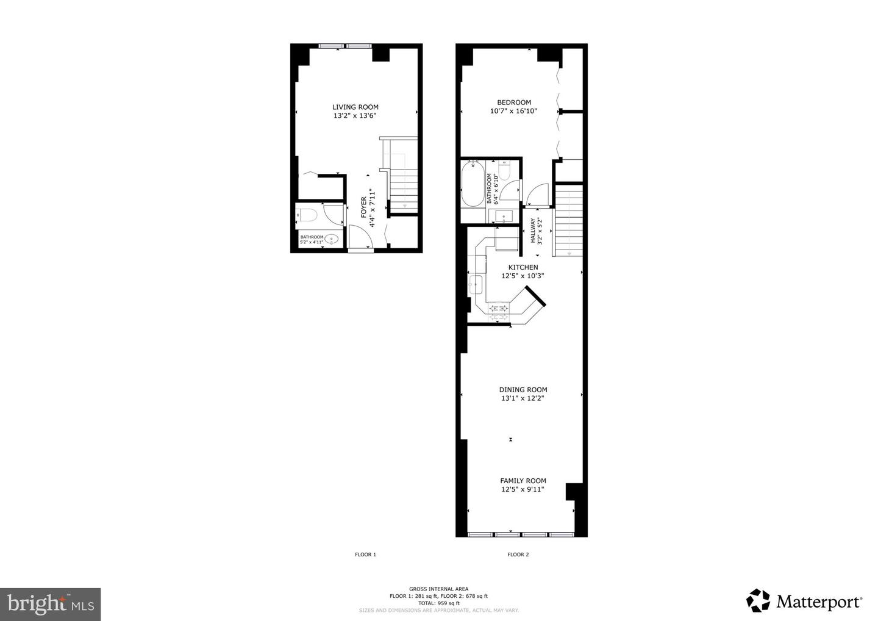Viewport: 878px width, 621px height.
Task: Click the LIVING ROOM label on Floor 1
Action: click(355, 107)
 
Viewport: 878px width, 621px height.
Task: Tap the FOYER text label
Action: click(364, 207)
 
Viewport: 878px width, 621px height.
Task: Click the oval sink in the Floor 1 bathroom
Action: click(332, 240)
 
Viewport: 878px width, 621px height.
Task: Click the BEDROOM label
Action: click(513, 102)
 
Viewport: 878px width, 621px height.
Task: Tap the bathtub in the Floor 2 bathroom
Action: click(471, 184)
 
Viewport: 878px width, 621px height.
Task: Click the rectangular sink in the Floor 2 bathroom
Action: click(504, 216)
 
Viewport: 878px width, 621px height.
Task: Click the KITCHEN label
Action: click(523, 267)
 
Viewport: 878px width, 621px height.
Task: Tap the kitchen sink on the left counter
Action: click(476, 284)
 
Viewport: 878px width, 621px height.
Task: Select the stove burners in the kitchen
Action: click(499, 312)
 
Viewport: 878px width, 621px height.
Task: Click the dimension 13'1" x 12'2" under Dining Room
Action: click(523, 398)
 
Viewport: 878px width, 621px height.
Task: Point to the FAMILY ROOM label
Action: click(523, 481)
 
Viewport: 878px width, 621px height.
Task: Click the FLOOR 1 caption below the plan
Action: click(365, 555)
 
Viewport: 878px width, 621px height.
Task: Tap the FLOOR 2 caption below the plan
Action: click(518, 555)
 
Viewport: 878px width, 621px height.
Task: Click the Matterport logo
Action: click(804, 601)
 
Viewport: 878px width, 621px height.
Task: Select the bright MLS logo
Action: click(50, 604)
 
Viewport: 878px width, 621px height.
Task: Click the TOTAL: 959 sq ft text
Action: click(438, 603)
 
